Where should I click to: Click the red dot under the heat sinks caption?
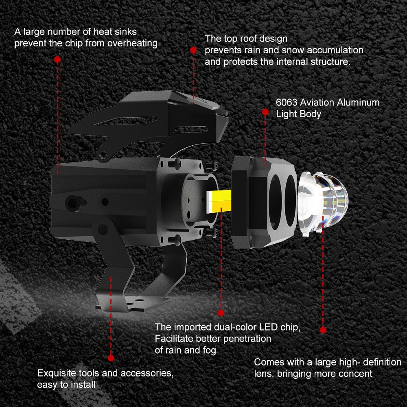click(x=57, y=59)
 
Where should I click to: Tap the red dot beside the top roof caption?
click(x=193, y=50)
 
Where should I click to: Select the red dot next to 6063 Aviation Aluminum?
click(x=265, y=112)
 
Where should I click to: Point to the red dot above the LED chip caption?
click(x=221, y=313)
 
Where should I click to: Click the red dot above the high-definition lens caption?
click(x=323, y=330)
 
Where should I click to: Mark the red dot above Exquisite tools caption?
click(x=111, y=358)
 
